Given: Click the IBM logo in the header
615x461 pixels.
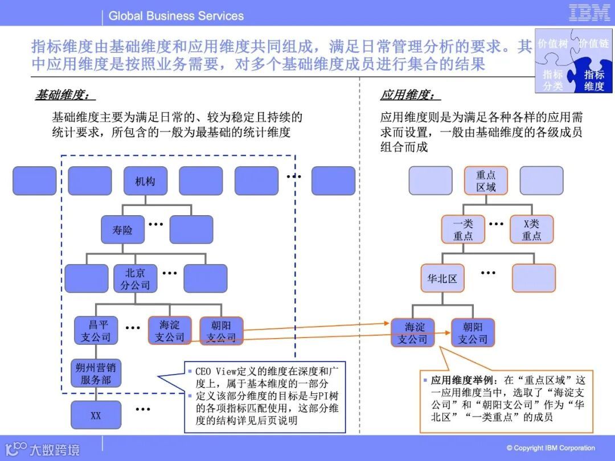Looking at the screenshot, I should (589, 13).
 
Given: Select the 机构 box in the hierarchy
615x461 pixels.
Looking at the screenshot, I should (145, 181).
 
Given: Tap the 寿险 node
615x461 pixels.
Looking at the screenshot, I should (122, 230).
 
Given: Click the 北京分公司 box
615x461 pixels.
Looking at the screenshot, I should (135, 279).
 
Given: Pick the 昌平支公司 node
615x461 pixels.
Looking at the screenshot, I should (96, 331).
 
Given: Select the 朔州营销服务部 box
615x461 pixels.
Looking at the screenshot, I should (96, 373).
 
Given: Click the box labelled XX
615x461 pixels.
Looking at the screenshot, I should (96, 415).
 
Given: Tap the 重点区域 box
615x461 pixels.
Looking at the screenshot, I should (486, 181).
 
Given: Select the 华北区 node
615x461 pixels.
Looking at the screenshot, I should (442, 279).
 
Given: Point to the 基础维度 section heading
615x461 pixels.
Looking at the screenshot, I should (63, 95).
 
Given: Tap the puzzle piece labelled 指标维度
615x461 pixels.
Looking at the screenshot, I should (594, 80).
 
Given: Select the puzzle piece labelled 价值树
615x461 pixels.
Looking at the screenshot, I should (552, 44).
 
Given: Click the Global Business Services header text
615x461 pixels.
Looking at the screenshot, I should (176, 16).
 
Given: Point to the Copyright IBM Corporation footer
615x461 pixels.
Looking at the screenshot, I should (551, 448).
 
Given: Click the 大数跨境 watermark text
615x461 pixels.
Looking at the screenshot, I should (54, 450).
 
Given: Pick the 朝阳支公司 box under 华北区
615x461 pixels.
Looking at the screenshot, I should (473, 333).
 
